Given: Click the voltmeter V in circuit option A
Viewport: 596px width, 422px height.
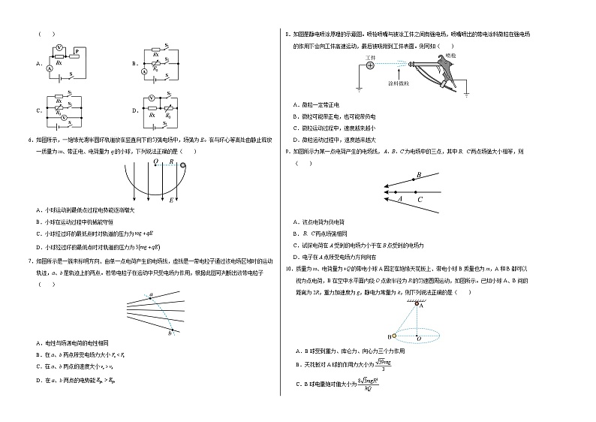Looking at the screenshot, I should pos(59,47).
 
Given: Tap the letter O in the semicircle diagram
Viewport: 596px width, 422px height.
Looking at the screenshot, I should pos(155,161).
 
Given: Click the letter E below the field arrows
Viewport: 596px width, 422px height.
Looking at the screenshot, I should pos(171,200).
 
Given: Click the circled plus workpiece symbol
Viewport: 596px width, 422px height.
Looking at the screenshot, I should pos(369,65).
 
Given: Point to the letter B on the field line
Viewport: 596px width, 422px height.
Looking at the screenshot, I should pos(418,174).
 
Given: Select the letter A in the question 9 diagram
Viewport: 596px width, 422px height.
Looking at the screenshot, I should pos(399,199).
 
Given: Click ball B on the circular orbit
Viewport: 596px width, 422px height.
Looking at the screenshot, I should pos(392,336).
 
